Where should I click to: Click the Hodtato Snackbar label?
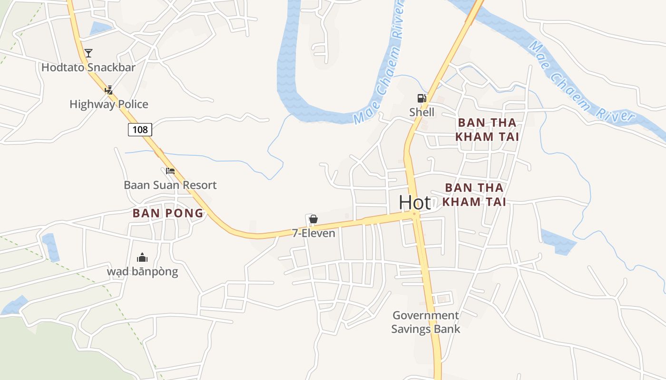point(88,67)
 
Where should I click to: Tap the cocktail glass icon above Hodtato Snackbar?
point(88,53)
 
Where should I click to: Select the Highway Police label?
point(109,104)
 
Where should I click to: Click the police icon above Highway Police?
point(109,90)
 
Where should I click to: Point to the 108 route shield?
point(140,129)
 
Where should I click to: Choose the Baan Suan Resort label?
point(170,185)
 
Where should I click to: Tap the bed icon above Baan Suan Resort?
point(170,171)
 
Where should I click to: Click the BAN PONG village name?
point(168,213)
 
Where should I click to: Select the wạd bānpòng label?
point(142,272)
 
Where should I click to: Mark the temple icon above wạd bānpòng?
point(142,258)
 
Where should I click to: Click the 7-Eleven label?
point(313,233)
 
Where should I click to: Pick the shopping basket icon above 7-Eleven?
point(313,219)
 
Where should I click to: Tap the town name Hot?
point(415,202)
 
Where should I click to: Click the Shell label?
point(422,112)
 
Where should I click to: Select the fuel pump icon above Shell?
point(421,98)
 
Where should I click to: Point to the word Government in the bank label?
point(426,315)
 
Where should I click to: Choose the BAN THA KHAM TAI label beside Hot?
point(474,195)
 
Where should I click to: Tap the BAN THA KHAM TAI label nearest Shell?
point(487,130)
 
